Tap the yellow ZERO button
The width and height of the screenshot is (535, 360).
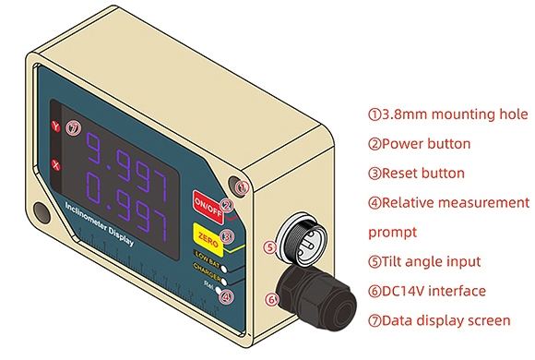[x=208, y=234]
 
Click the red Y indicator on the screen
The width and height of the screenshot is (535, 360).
[x=55, y=126]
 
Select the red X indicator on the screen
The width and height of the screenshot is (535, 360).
[x=55, y=165]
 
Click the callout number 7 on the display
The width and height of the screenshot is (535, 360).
[x=74, y=127]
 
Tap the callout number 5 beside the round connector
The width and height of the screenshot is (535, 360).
[x=269, y=247]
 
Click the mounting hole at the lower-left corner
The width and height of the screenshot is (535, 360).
[x=41, y=211]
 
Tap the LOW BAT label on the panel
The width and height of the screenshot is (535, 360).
[x=206, y=253]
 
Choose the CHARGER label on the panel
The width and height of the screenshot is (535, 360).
[x=206, y=269]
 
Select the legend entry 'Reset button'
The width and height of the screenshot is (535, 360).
[x=416, y=173]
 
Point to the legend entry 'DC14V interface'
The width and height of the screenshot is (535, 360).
[x=426, y=291]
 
